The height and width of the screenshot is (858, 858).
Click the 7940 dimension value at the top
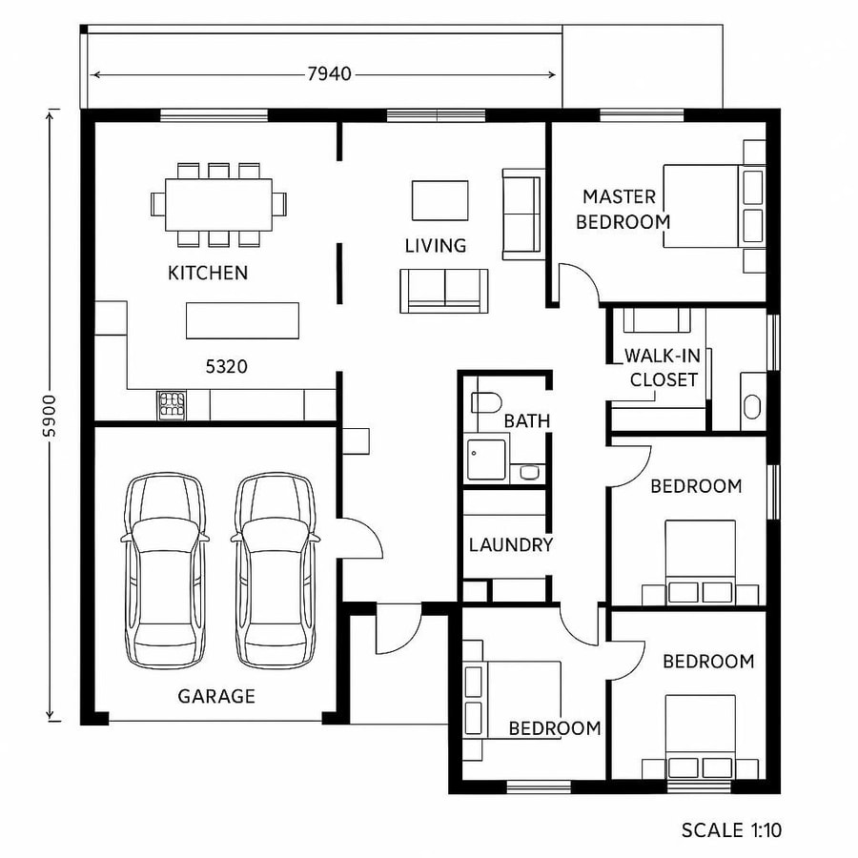click(329, 73)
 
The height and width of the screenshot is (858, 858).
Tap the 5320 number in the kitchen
click(227, 365)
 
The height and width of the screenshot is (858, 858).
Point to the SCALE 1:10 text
click(731, 830)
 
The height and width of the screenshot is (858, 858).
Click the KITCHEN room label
click(208, 274)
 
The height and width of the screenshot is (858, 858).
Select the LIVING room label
click(436, 246)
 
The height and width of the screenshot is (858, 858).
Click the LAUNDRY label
click(511, 545)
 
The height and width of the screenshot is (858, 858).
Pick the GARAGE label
click(216, 697)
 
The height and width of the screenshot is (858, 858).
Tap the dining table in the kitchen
click(218, 204)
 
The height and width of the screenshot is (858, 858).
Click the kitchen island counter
click(242, 320)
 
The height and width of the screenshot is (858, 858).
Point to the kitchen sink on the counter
click(172, 404)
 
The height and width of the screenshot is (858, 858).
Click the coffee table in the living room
click(439, 200)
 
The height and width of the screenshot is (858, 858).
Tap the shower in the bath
click(486, 460)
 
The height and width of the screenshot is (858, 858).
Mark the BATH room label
click(527, 421)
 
